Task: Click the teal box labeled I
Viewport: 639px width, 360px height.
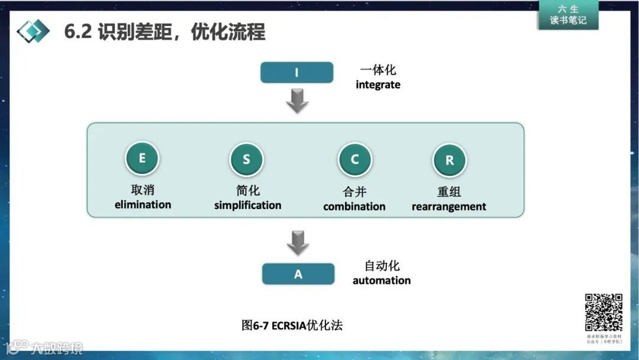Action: (x=296, y=73)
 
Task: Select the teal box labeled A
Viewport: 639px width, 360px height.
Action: (x=298, y=274)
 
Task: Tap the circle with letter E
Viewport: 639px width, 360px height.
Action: (x=142, y=158)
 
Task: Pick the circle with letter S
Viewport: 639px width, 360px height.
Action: (x=246, y=159)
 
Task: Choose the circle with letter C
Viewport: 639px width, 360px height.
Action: (x=355, y=159)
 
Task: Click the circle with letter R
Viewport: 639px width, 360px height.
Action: (x=450, y=160)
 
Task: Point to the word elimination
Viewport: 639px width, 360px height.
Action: (x=143, y=205)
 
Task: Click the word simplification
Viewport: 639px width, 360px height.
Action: (x=247, y=205)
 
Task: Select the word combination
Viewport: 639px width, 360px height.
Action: (x=354, y=207)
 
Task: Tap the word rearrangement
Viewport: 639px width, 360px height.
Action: (x=448, y=207)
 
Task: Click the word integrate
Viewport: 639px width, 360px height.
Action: (x=377, y=85)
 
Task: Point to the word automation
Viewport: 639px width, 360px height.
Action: (x=382, y=280)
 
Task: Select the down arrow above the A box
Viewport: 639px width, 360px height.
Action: (x=298, y=243)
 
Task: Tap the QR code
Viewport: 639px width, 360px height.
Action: (x=603, y=312)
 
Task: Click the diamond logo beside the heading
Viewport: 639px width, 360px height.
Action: (x=33, y=31)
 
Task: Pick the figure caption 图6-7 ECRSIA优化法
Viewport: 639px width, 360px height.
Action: (x=292, y=325)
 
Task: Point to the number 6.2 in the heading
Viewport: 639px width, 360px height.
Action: (x=78, y=31)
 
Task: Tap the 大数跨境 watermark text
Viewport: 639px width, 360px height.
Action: (x=57, y=348)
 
